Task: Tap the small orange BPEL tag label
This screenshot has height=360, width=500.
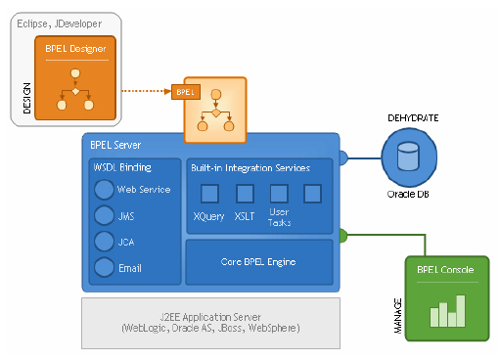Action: tap(185, 92)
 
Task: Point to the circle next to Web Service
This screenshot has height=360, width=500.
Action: tap(103, 190)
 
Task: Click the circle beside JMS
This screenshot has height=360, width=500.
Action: tap(103, 215)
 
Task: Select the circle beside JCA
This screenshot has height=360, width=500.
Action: tap(103, 241)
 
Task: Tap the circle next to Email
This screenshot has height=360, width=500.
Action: tap(103, 266)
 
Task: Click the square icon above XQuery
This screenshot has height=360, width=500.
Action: tap(208, 193)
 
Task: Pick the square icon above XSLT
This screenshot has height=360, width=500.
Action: tap(245, 193)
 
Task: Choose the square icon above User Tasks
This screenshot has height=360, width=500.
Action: tap(279, 193)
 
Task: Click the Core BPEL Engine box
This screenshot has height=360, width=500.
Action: tap(259, 261)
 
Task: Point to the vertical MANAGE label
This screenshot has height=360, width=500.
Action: tap(398, 315)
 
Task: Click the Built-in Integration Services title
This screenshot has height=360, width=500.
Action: tap(250, 167)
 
